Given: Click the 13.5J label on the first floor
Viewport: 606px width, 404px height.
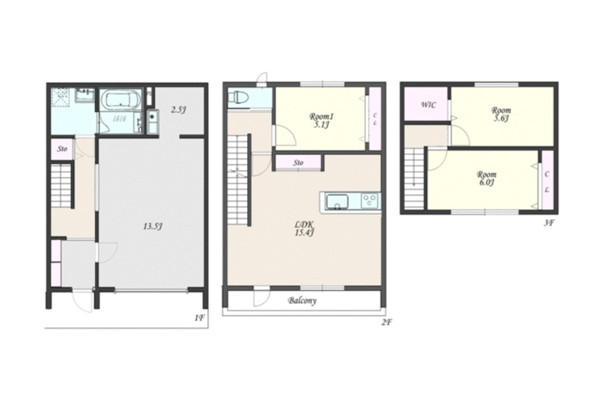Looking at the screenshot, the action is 153,227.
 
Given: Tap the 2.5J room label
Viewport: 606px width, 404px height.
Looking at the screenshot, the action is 179,110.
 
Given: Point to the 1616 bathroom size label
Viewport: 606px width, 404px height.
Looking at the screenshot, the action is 120,119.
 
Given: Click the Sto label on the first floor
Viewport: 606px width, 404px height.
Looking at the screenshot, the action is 62,149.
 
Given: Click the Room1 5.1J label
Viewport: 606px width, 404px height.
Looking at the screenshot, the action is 321,120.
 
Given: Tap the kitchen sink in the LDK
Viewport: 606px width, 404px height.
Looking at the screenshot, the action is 338,202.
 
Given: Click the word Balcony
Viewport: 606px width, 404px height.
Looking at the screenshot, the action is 302,300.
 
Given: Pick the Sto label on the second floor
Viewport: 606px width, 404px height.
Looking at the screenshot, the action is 298,162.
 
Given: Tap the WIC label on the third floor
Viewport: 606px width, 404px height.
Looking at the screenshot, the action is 428,105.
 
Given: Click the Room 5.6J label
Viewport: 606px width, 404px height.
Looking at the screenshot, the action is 501,114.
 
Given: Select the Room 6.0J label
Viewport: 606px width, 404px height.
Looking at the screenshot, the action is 487,178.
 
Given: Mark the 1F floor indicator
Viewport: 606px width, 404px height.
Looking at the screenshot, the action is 199,318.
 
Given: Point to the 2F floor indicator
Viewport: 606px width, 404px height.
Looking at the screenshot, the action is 387,322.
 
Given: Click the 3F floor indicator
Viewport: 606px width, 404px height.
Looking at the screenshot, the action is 549,222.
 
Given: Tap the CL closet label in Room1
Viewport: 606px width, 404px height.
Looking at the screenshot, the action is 375,119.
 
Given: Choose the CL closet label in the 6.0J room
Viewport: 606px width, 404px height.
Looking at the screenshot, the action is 547,182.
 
